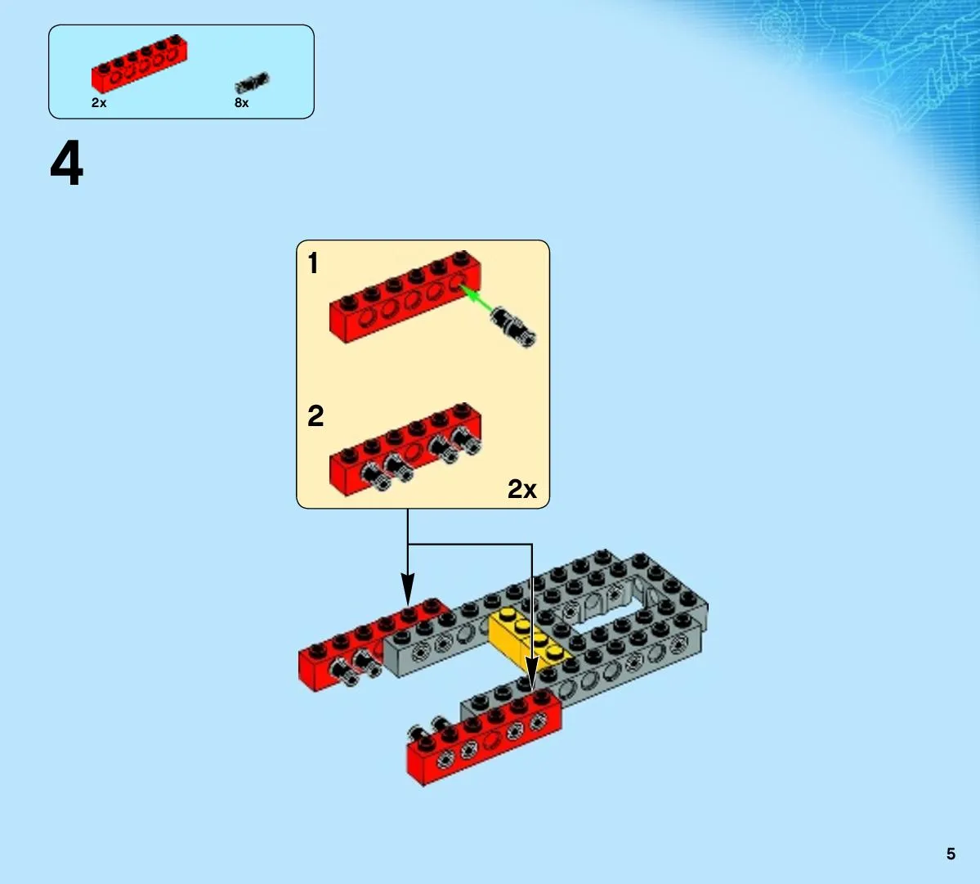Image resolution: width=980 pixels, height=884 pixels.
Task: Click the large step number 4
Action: [x=67, y=164]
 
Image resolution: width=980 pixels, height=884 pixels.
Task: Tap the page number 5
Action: [x=951, y=854]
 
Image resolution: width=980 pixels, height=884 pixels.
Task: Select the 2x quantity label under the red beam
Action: [x=99, y=102]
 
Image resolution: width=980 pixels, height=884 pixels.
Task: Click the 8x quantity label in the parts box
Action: [x=241, y=102]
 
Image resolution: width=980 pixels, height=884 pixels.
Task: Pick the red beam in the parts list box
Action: [x=139, y=63]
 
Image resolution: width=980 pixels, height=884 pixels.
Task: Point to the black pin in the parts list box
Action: [x=252, y=83]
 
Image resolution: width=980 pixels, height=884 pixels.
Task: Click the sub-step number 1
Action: [x=313, y=263]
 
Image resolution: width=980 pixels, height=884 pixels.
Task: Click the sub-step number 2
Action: [x=315, y=415]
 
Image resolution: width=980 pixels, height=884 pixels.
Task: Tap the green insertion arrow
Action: [x=477, y=299]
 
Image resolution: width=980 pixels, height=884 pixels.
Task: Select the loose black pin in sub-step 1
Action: [x=512, y=326]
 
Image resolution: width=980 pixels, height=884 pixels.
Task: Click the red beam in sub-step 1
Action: [x=405, y=296]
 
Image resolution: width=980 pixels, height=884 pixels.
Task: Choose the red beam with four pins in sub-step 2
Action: [x=405, y=450]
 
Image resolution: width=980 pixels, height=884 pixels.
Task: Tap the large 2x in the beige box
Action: [x=521, y=489]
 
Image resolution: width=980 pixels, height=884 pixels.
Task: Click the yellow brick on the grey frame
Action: [x=529, y=638]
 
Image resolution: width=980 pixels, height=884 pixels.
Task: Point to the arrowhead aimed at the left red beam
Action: [x=408, y=590]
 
